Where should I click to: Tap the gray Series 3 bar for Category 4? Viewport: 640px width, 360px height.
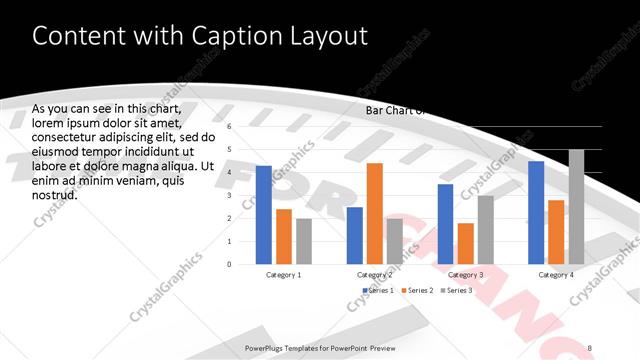576,207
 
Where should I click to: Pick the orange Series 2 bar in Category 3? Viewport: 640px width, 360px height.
465,243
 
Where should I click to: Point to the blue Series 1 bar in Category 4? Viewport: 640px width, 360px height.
536,212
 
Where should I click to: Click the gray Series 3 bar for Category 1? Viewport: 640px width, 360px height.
304,241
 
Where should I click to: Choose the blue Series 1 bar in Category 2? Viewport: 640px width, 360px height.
354,235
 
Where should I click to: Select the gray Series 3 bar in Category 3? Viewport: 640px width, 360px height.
485,229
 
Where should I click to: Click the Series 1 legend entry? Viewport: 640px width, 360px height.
379,290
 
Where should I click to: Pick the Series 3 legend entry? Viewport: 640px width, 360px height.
458,290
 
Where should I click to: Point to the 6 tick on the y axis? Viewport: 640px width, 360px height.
229,127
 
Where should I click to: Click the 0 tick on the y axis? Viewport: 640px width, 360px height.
229,264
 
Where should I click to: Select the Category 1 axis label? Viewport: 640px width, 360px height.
284,274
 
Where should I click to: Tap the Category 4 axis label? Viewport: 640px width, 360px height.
556,274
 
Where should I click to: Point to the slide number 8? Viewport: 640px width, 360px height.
590,347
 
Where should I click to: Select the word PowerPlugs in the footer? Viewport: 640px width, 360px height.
267,347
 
